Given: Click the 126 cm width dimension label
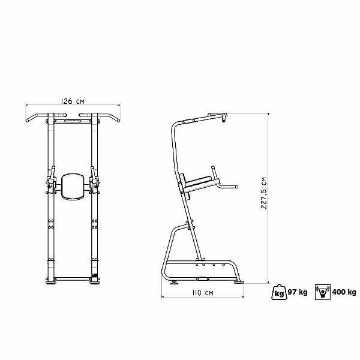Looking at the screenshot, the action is point(73,101).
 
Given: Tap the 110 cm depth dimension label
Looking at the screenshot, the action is point(203,293).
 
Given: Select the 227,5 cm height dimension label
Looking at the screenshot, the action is point(264,193).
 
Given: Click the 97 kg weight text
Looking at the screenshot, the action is point(298,292).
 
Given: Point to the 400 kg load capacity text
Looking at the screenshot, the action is point(344,292).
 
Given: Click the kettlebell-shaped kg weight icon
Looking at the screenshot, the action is point(280,292).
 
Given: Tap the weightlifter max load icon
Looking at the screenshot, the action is point(323,292).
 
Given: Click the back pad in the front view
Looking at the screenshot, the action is point(73,187).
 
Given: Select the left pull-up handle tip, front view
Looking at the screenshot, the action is point(28,121).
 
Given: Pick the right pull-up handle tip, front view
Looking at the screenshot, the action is point(118,120).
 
